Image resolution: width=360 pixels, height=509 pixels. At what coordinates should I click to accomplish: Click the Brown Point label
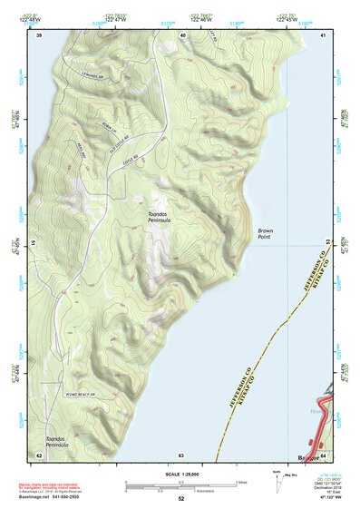click(265, 234)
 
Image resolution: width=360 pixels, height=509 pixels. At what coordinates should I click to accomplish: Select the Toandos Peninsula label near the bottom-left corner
click(63, 441)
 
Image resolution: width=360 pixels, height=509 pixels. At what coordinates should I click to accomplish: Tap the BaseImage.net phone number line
click(56, 497)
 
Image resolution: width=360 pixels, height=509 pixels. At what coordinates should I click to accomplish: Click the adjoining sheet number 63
click(180, 455)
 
